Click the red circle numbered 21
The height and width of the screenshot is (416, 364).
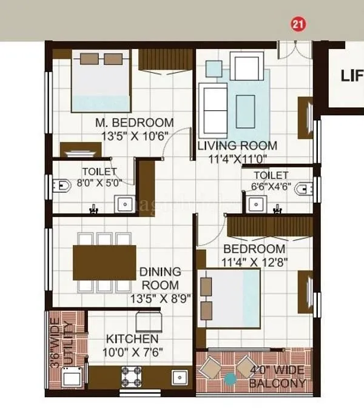(x=298, y=24)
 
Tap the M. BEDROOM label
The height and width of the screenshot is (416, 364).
(x=134, y=122)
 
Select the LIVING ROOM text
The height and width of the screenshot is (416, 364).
(x=237, y=146)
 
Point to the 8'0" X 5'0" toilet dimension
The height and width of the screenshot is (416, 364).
(x=99, y=181)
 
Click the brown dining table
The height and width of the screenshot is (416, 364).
(x=104, y=261)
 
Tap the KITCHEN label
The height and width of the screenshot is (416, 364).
(x=132, y=339)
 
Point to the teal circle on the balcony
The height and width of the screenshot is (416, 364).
(x=231, y=380)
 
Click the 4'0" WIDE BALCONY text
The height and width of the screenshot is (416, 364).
(x=278, y=377)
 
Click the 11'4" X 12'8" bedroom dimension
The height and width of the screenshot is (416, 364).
(x=255, y=262)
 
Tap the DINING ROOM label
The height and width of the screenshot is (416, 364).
(x=160, y=278)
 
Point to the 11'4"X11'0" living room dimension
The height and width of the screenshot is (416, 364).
(x=237, y=159)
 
